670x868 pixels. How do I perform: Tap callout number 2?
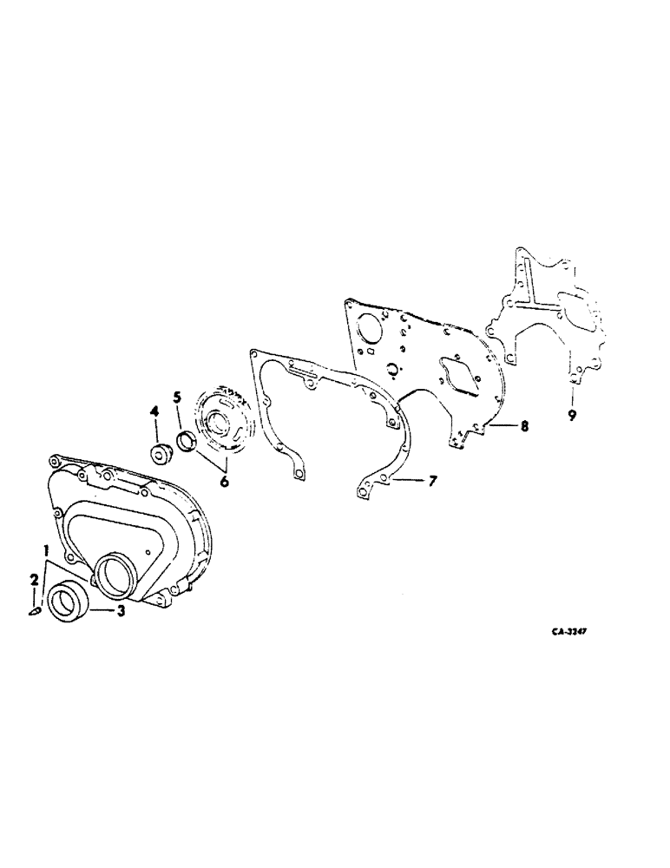click(x=34, y=578)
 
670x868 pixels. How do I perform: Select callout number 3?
click(x=122, y=611)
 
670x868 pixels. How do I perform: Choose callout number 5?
click(x=176, y=398)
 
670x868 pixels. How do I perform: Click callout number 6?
click(x=224, y=480)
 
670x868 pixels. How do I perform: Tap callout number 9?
click(x=572, y=416)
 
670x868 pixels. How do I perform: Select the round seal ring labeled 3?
click(x=67, y=602)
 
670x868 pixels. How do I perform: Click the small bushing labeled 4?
click(x=159, y=452)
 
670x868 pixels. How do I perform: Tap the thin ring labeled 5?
click(x=187, y=442)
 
